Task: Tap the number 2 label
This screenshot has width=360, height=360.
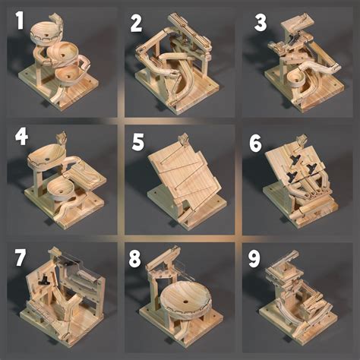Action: [x=137, y=23]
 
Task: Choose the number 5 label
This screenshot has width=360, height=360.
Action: [x=137, y=142]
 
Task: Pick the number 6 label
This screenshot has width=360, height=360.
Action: [x=255, y=142]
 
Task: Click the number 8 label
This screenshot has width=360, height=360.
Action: [x=135, y=258]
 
